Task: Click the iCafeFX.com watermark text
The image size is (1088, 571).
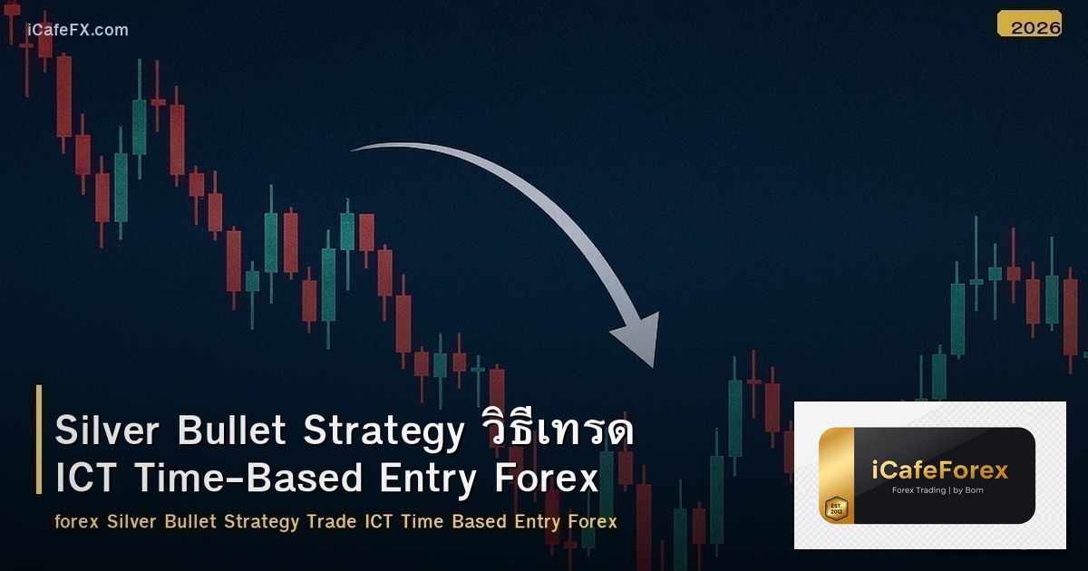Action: pos(78,30)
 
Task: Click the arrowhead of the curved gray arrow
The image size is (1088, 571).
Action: pos(639,340)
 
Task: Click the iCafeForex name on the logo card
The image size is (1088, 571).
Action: pos(940,469)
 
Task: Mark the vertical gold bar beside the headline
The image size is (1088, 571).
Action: pos(39,440)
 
